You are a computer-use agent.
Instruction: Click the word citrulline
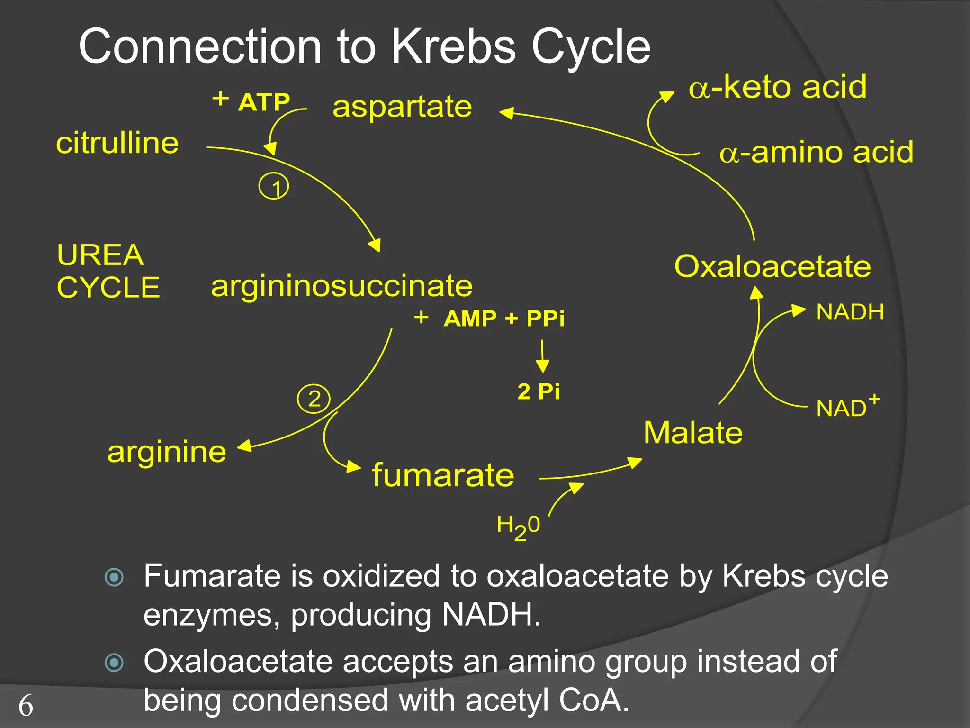pyautogui.click(x=117, y=143)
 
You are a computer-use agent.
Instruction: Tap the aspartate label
pyautogui.click(x=402, y=107)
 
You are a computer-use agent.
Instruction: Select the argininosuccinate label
pyautogui.click(x=341, y=286)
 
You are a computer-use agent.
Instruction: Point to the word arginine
pyautogui.click(x=167, y=452)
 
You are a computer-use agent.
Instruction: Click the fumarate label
pyautogui.click(x=443, y=475)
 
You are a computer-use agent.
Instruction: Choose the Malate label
pyautogui.click(x=693, y=433)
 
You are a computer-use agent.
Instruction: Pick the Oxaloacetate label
pyautogui.click(x=772, y=266)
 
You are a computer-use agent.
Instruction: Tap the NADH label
pyautogui.click(x=850, y=312)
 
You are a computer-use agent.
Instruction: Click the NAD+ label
pyautogui.click(x=847, y=407)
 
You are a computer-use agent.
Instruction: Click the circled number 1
pyautogui.click(x=274, y=187)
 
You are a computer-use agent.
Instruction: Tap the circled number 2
pyautogui.click(x=314, y=399)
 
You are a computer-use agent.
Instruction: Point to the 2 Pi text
pyautogui.click(x=539, y=392)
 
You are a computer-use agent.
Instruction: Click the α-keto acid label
pyautogui.click(x=778, y=87)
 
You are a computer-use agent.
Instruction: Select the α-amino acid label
pyautogui.click(x=816, y=153)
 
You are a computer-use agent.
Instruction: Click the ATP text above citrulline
pyautogui.click(x=264, y=102)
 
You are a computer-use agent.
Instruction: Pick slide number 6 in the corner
pyautogui.click(x=26, y=706)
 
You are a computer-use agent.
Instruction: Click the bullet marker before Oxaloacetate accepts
pyautogui.click(x=114, y=662)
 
